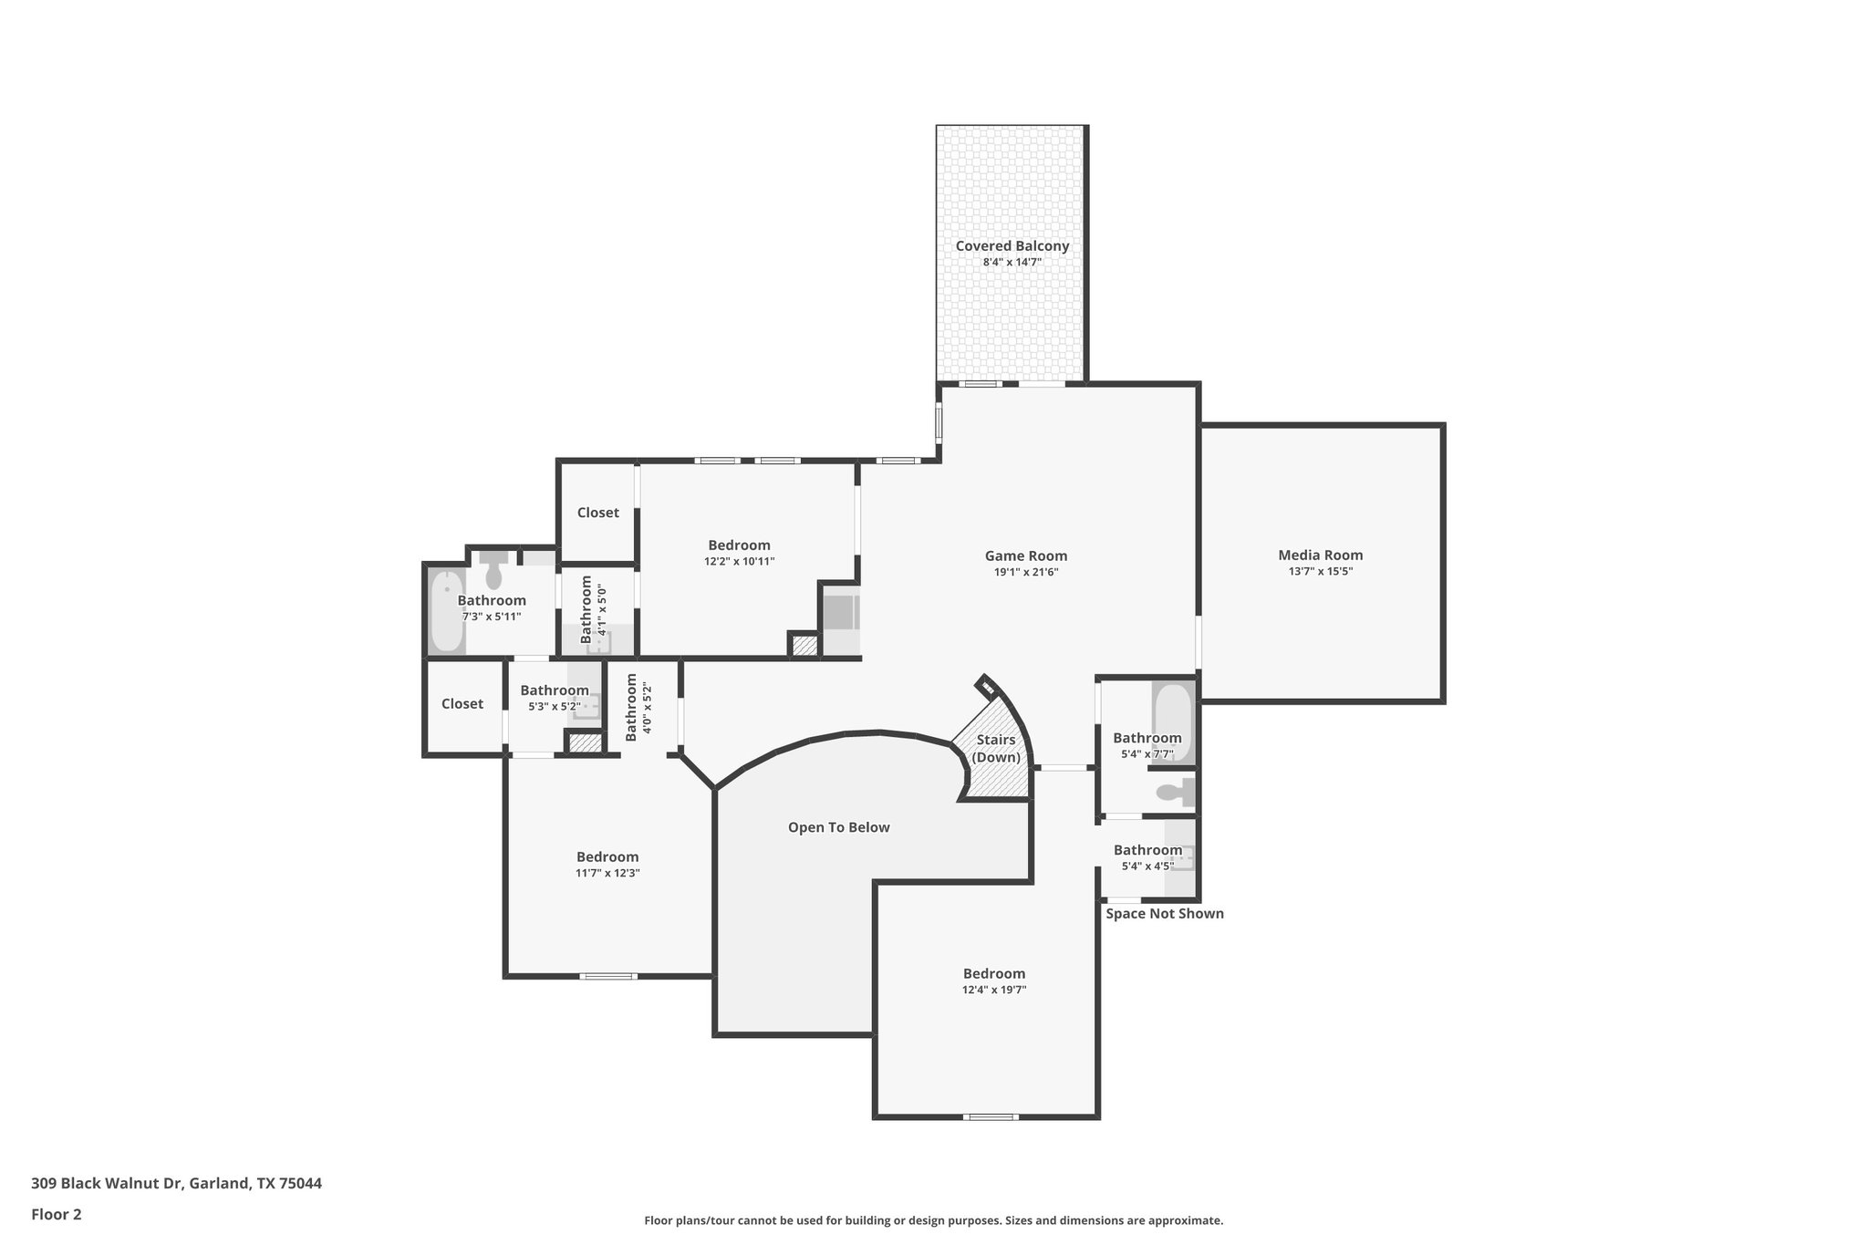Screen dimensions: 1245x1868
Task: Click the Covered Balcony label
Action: [x=1012, y=246]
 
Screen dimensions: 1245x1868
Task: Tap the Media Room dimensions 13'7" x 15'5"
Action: [x=1320, y=572]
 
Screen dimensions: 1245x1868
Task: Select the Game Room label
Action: [x=1025, y=555]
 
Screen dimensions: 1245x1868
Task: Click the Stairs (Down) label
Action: [x=996, y=749]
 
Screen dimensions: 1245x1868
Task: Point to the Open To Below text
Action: [x=838, y=827]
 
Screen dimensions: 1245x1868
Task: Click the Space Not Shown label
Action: [x=1164, y=913]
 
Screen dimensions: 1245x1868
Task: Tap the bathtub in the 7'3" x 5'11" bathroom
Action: [x=446, y=610]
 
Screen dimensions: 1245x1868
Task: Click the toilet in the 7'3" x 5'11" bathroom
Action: [x=493, y=571]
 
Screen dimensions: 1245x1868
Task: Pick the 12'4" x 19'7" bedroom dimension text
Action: [x=994, y=990]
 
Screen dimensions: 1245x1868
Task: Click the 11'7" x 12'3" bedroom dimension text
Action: [x=607, y=873]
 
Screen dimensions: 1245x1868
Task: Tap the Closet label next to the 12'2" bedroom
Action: [x=598, y=513]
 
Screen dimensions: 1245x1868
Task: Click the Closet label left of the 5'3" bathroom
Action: [x=462, y=703]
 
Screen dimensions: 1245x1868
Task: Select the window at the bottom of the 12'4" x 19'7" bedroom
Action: [x=991, y=1116]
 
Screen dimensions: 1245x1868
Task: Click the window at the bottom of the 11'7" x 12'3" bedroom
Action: [x=608, y=976]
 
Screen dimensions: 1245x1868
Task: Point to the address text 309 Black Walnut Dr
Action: [x=176, y=1183]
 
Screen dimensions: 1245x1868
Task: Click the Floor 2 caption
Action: [x=57, y=1214]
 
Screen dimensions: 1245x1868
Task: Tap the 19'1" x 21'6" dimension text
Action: [x=1025, y=573]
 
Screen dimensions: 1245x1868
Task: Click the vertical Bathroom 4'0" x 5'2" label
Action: [x=638, y=709]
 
